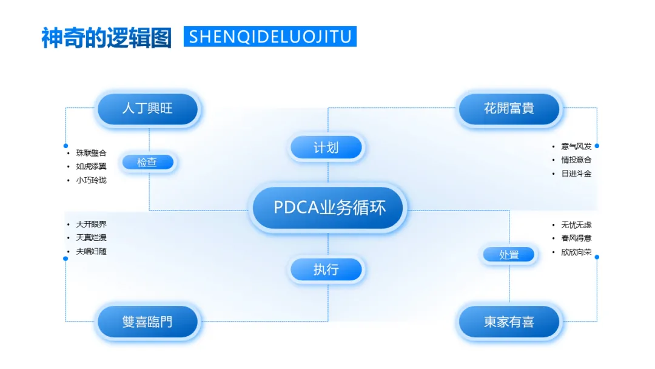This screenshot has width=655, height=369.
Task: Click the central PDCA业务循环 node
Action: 328,208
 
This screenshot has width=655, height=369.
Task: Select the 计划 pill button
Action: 326,147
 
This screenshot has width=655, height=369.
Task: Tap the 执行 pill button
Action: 326,269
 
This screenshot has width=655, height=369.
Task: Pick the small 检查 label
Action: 147,162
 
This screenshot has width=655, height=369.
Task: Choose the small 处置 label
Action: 509,255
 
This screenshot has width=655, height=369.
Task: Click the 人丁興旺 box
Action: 147,109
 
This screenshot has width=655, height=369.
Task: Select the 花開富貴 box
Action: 509,109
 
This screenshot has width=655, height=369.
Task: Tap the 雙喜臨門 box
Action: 147,321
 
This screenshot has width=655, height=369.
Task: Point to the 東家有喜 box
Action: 509,322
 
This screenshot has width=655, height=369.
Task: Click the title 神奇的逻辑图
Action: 107,37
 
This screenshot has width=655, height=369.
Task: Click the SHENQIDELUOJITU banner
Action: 270,36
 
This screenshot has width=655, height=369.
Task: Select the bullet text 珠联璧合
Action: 91,153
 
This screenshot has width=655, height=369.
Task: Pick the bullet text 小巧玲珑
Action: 91,180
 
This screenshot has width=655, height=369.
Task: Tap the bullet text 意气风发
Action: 576,146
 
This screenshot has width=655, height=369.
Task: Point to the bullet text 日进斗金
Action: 576,174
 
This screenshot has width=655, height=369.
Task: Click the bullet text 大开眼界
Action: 91,224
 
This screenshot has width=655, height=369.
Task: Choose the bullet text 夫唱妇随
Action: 91,251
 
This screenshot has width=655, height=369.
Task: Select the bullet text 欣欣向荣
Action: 576,252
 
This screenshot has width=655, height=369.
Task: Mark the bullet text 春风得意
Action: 576,239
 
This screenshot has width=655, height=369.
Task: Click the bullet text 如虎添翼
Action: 91,166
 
